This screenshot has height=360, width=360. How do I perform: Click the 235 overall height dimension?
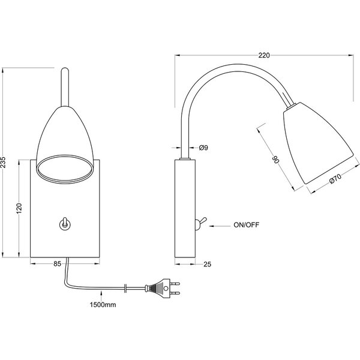click(x=5, y=162)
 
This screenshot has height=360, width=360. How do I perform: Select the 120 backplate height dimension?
click(x=20, y=209)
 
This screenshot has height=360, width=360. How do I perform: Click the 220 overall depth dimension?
click(x=263, y=55)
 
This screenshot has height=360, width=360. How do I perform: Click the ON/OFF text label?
click(x=246, y=226)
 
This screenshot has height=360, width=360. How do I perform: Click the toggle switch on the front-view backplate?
click(x=64, y=224)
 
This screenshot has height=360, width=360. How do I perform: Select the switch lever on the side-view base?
click(x=200, y=223)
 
